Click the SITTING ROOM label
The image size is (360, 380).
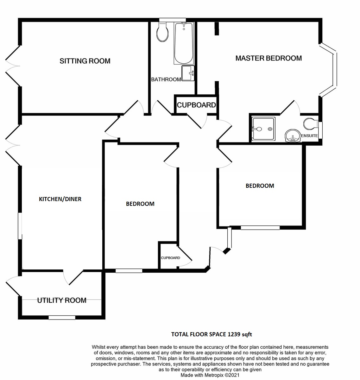85,61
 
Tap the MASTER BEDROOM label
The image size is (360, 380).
268,58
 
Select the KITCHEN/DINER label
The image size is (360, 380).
60,199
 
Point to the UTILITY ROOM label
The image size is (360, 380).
62,301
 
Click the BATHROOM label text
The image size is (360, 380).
166,79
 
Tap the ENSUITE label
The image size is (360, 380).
309,136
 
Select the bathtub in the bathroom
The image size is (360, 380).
184,43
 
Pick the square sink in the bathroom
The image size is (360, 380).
188,73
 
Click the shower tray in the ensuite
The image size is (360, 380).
263,129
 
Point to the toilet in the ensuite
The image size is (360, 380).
311,124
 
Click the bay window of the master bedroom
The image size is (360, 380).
328,70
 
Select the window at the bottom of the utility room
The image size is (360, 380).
62,317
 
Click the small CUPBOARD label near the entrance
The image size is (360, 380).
170,258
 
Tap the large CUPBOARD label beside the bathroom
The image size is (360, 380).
196,105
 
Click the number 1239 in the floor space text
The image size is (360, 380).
234,334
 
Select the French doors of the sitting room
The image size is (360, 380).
13,66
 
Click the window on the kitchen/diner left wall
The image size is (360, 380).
20,226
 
